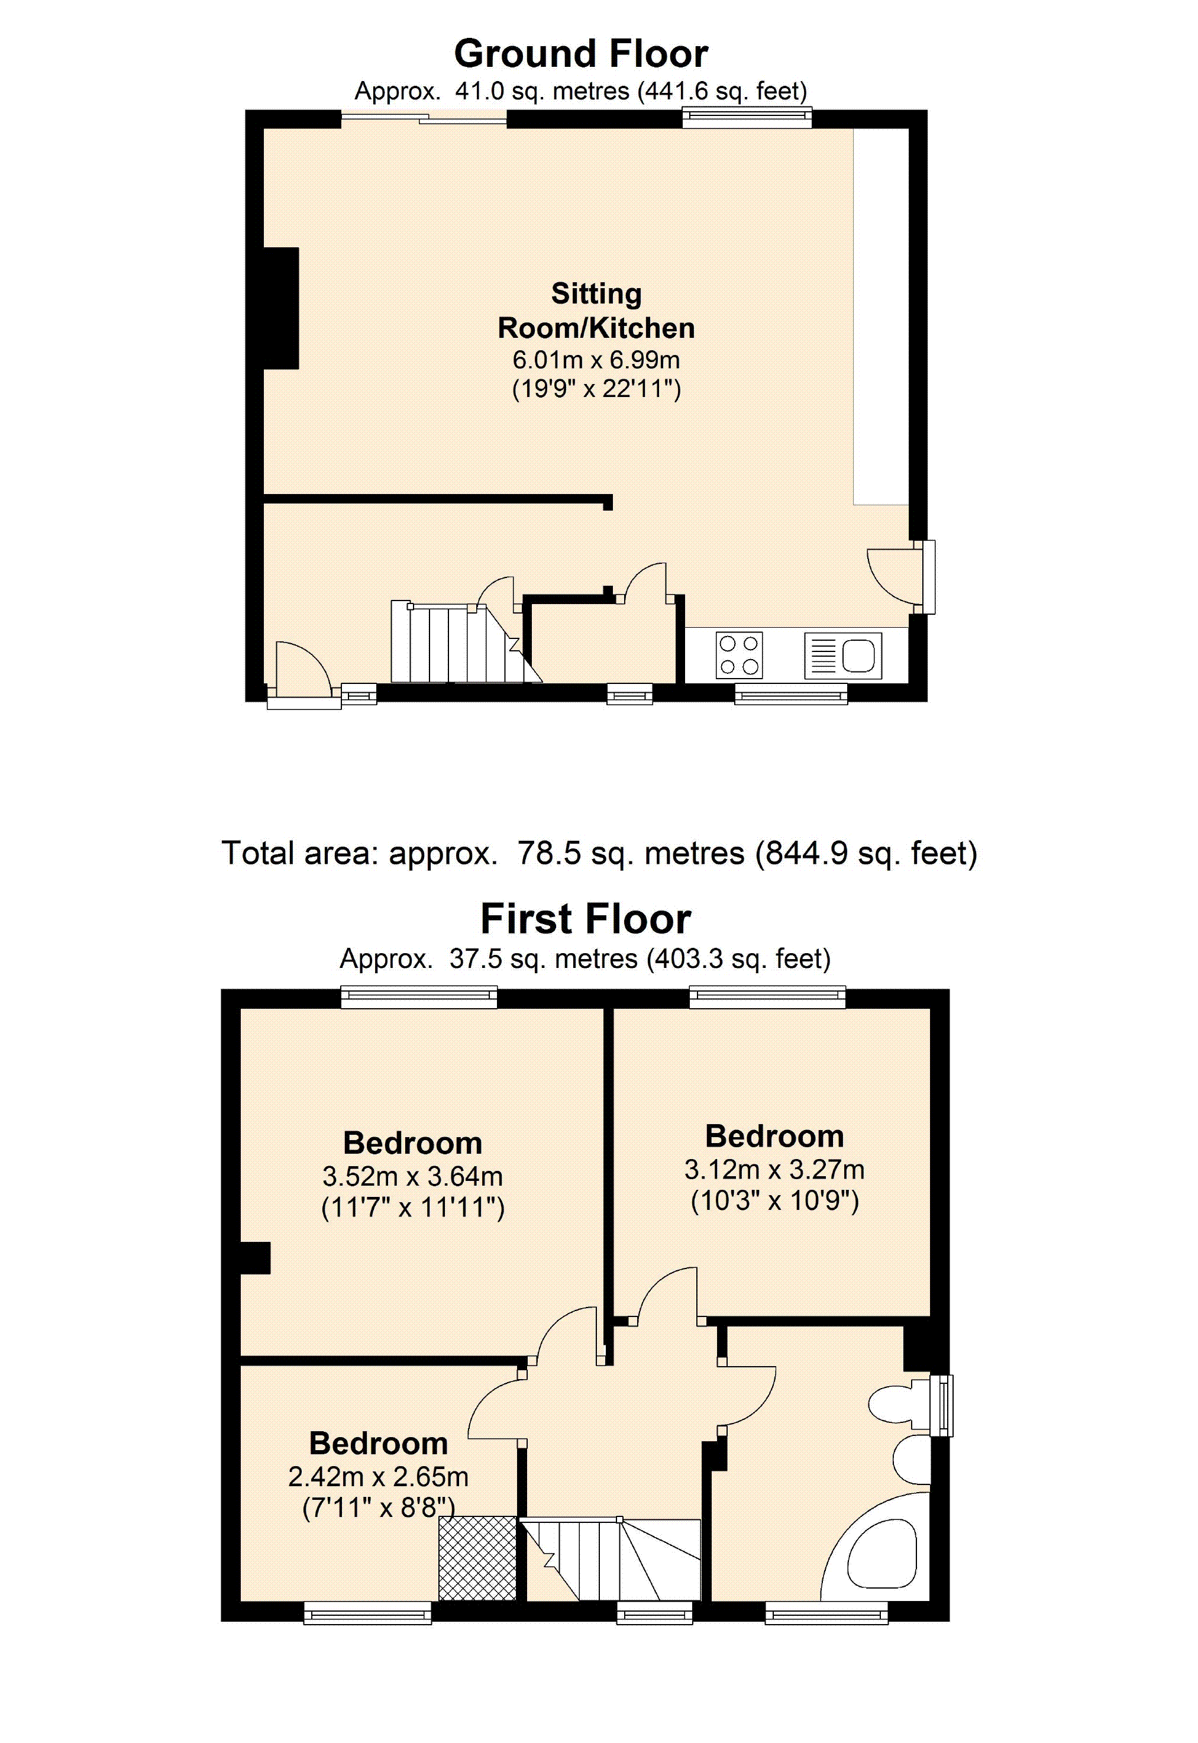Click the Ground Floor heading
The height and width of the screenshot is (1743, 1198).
tap(581, 54)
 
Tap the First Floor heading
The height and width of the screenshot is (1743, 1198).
tap(586, 919)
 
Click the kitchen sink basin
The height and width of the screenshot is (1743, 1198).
tap(859, 654)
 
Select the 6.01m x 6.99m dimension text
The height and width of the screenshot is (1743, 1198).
tap(596, 360)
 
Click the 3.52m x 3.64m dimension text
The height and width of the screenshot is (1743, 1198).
tap(412, 1176)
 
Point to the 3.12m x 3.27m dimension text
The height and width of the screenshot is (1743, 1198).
tap(774, 1170)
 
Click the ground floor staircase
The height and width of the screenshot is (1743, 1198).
tap(466, 643)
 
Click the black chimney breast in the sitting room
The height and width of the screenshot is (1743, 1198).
tap(281, 308)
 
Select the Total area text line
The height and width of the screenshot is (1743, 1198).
tap(599, 854)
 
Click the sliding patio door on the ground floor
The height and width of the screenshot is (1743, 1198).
tap(424, 118)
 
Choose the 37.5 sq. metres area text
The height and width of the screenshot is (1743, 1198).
tap(544, 959)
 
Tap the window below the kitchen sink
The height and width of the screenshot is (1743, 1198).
tap(790, 695)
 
